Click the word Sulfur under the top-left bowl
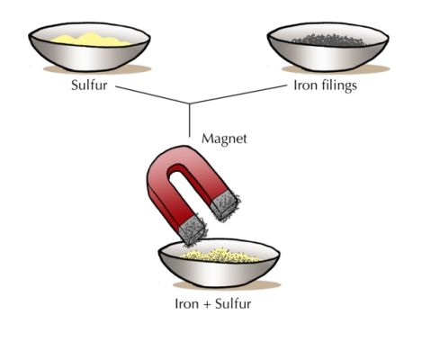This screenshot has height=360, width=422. pos(89,85)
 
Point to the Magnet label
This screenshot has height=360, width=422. pos(224,139)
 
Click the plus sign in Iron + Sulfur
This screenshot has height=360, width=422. pos(207,304)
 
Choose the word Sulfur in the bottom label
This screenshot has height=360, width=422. pos(233,304)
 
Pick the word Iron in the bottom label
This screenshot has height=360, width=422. pos(186,304)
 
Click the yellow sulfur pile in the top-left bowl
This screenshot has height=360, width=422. pos(91,40)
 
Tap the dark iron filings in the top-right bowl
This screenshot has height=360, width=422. pos(329,40)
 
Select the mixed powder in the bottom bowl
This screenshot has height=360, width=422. pos(220,256)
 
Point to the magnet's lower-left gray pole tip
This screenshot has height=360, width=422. pos(192,230)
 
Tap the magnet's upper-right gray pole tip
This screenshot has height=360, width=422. pos(225,205)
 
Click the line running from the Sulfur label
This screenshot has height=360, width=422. pos(152,94)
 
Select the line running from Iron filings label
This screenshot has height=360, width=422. pos(238,94)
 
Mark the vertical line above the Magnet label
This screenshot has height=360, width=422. pos(190,121)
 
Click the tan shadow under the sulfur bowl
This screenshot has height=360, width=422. pos(97,70)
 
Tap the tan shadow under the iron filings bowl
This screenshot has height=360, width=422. pos(336,70)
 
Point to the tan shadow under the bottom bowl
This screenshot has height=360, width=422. pos(227,286)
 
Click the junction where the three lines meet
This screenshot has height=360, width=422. pos(190,104)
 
